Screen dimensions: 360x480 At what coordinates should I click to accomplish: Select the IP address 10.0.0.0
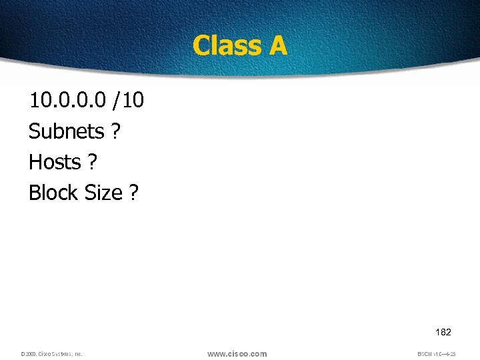[66, 101]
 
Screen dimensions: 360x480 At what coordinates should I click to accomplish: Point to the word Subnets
[66, 131]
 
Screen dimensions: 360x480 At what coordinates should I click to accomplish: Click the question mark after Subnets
[116, 131]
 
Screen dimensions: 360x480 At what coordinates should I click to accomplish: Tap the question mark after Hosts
[92, 162]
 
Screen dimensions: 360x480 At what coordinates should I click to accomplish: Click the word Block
[53, 193]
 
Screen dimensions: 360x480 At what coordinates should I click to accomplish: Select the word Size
[103, 193]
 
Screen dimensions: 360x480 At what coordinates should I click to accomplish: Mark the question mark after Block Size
[134, 193]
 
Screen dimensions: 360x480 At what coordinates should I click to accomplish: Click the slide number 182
[443, 332]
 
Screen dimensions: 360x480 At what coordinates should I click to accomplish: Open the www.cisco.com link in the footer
[237, 354]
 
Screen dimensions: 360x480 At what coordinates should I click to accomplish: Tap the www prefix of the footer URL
[217, 354]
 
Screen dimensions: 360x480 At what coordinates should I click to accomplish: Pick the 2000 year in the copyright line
[29, 354]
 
